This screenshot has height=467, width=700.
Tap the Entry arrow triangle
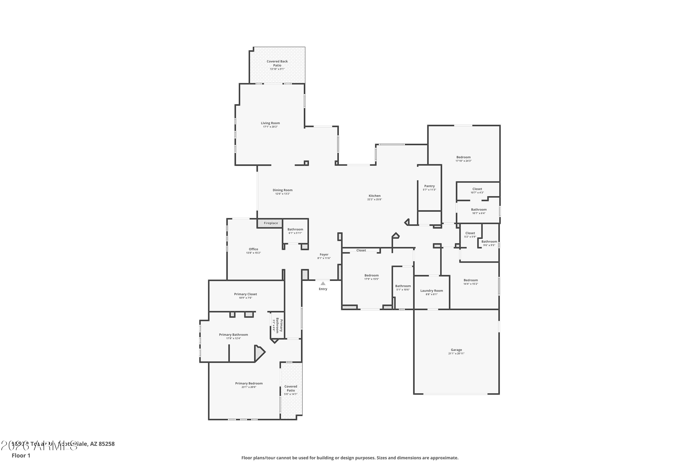(x=323, y=283)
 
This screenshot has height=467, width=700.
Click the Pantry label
(x=429, y=186)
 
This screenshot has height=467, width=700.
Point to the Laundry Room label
(x=431, y=291)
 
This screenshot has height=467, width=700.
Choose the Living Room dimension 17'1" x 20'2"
(x=270, y=127)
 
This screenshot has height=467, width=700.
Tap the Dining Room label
(x=282, y=190)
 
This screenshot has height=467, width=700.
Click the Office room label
(x=253, y=249)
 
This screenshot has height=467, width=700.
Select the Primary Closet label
(x=245, y=294)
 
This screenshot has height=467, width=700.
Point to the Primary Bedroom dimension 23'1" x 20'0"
(x=249, y=387)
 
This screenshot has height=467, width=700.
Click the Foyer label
(x=324, y=254)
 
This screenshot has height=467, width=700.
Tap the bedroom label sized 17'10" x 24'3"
(x=463, y=157)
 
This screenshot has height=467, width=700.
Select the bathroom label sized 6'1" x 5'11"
(x=295, y=229)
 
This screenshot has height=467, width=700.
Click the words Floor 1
(x=21, y=455)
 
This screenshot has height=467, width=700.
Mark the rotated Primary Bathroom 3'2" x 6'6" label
(x=277, y=325)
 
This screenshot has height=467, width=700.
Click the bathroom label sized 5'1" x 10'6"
(x=403, y=286)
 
